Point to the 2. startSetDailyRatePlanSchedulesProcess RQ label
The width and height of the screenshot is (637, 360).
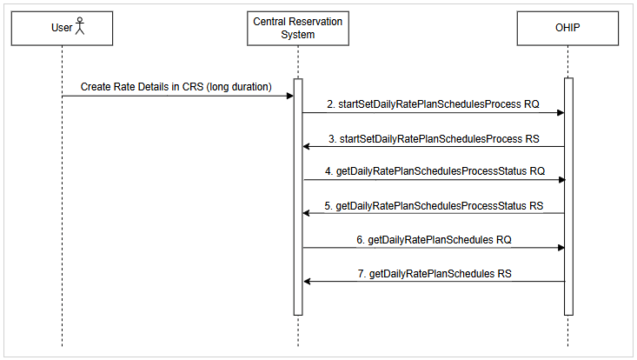[433, 103]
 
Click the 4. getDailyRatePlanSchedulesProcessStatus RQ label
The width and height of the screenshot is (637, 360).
[435, 171]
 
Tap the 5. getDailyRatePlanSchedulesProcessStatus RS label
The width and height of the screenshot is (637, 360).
[434, 205]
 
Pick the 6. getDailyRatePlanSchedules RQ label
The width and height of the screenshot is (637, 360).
[433, 238]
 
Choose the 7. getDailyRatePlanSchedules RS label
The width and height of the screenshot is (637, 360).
[434, 273]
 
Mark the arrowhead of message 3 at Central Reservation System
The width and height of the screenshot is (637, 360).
[307, 147]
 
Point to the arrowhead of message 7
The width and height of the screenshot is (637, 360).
[307, 281]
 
